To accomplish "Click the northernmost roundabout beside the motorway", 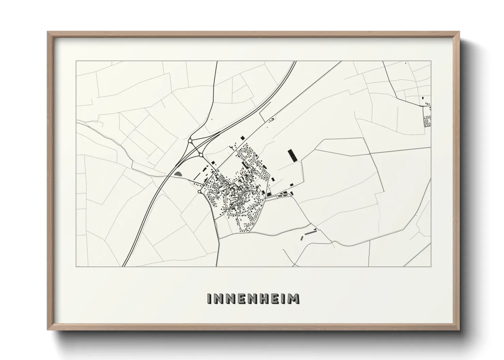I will (190, 140).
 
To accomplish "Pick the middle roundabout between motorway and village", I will (201, 155).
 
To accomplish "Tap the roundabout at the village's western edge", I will (199, 192).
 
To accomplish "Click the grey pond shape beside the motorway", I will (178, 174).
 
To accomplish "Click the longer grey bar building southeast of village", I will (310, 233).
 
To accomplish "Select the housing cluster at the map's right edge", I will (427, 121).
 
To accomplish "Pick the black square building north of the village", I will (243, 137).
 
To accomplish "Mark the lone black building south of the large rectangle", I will (292, 184).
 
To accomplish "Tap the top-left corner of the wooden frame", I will (48, 32).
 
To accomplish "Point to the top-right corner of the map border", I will (431, 61).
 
